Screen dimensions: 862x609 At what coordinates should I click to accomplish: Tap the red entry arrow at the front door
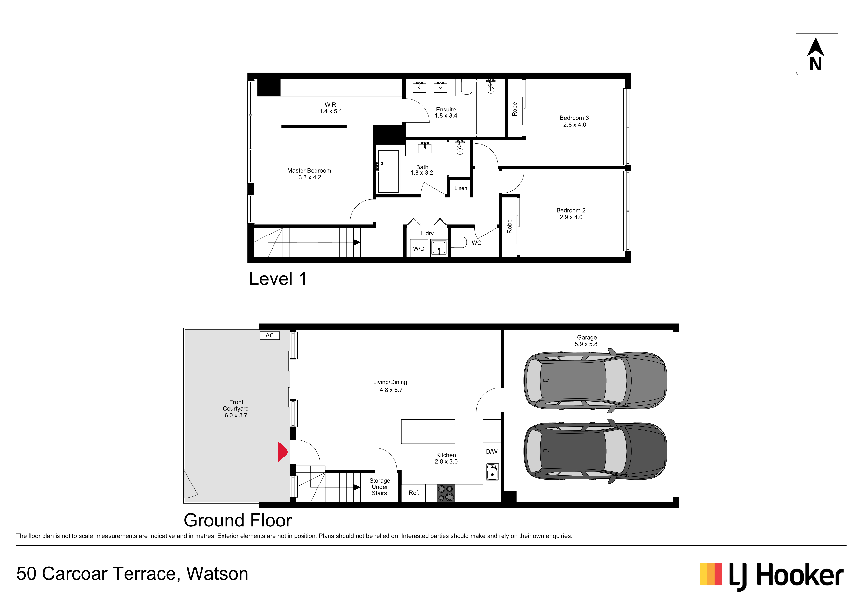[283, 452]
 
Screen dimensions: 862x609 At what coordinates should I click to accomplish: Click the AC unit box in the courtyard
[270, 335]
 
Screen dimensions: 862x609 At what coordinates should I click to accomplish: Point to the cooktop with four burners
[446, 493]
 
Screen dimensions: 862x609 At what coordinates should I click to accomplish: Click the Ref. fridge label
[414, 493]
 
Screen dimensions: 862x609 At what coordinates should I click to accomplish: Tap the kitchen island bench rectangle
[428, 431]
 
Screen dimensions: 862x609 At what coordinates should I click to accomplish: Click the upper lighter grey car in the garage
[595, 380]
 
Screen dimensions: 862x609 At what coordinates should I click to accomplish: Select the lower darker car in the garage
[595, 451]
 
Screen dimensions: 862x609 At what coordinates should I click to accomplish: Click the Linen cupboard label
[461, 188]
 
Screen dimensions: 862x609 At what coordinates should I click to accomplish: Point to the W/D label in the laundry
[419, 249]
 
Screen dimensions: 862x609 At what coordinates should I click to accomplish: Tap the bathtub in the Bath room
[388, 171]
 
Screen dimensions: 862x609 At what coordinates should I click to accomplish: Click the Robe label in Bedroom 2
[509, 226]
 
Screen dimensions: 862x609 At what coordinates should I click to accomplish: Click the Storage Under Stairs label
[380, 487]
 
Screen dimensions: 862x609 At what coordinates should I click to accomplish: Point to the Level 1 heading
[278, 279]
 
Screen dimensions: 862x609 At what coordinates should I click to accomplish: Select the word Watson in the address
[217, 574]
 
